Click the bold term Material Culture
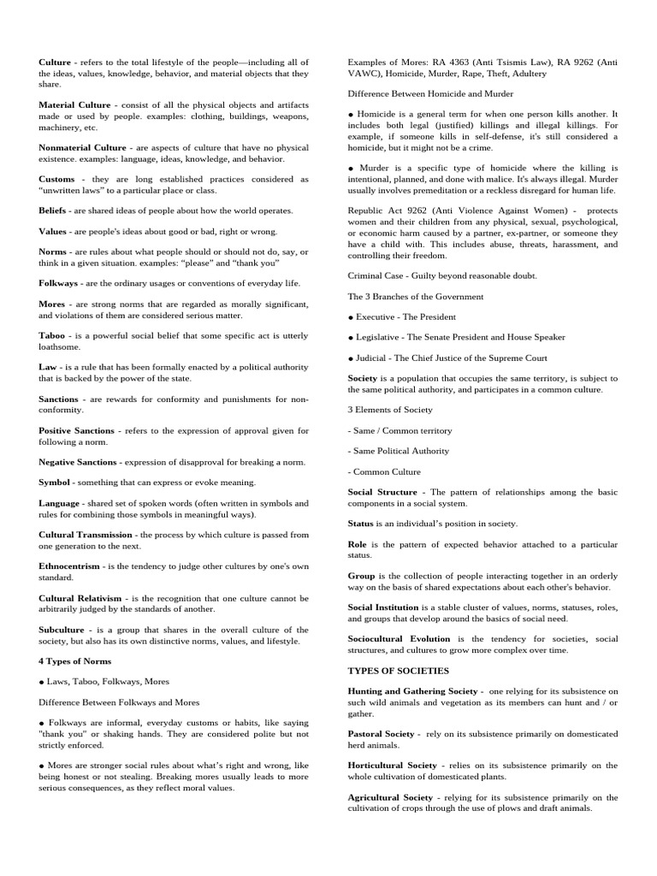74,104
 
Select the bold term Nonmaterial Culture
82,147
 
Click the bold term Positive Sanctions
77,430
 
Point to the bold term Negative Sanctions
78,462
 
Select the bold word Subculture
62,629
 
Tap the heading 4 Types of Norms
74,660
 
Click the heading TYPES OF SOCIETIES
398,670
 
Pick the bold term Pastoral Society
382,733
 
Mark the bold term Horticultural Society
392,765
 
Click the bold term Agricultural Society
391,796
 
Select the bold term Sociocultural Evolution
400,638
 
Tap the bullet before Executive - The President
351,317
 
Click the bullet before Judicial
351,358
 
